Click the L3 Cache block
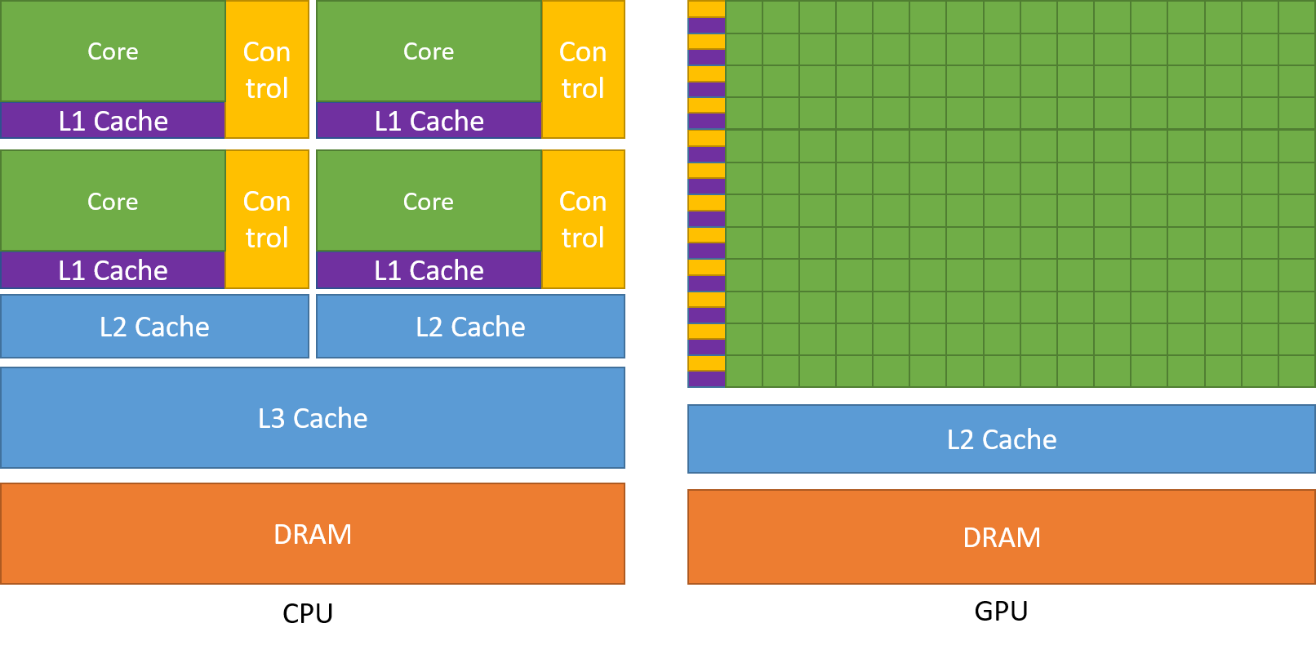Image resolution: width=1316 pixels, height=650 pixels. click(x=313, y=418)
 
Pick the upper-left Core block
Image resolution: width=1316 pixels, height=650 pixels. click(x=113, y=51)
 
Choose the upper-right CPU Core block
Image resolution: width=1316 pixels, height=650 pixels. click(x=429, y=51)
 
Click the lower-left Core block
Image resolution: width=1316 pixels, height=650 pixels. click(x=113, y=201)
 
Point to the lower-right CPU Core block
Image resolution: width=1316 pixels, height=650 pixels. click(x=429, y=201)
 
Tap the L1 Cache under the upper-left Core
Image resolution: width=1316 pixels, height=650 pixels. click(x=113, y=121)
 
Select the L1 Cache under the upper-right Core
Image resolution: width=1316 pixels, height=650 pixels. click(x=429, y=121)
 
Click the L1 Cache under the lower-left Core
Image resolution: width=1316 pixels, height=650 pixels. click(x=113, y=270)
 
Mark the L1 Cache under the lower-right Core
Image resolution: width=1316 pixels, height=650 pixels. click(x=429, y=270)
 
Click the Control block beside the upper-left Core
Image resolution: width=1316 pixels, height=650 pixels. click(x=267, y=70)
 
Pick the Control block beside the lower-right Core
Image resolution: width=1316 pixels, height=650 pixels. click(x=583, y=220)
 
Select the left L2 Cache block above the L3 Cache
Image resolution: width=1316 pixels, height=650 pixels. click(x=154, y=327)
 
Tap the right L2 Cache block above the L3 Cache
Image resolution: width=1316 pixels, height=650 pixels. click(x=470, y=327)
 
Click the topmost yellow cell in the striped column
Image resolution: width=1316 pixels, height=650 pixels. click(x=706, y=8)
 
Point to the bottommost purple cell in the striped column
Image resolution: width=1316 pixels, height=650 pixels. click(x=706, y=379)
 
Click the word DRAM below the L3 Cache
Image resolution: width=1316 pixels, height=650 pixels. click(x=313, y=534)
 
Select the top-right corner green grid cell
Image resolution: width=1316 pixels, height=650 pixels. click(x=1297, y=16)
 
